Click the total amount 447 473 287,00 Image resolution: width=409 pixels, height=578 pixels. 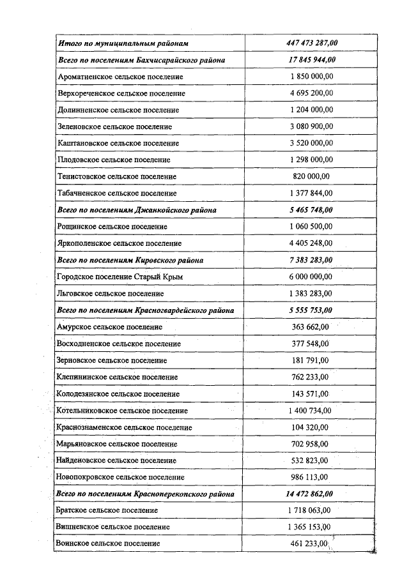click(311, 43)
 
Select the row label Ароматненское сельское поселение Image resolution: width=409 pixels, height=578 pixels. click(120, 77)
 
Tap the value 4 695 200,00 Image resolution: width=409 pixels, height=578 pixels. click(311, 93)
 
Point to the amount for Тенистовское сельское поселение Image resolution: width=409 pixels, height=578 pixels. click(311, 176)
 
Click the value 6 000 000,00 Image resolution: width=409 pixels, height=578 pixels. click(311, 277)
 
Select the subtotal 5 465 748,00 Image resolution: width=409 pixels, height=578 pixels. click(311, 209)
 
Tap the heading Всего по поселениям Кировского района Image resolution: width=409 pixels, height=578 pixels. click(130, 260)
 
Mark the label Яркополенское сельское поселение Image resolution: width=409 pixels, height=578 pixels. click(120, 243)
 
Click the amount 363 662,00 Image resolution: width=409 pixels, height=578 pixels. click(311, 326)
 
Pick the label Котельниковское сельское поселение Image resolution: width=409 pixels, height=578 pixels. click(122, 410)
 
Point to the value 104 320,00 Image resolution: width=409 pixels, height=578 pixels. click(311, 427)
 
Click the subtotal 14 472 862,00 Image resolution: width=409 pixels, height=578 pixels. click(311, 494)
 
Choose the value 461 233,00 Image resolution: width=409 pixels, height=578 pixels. click(310, 544)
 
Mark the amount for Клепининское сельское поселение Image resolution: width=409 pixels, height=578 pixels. click(311, 377)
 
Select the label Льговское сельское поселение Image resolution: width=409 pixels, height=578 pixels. click(111, 293)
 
